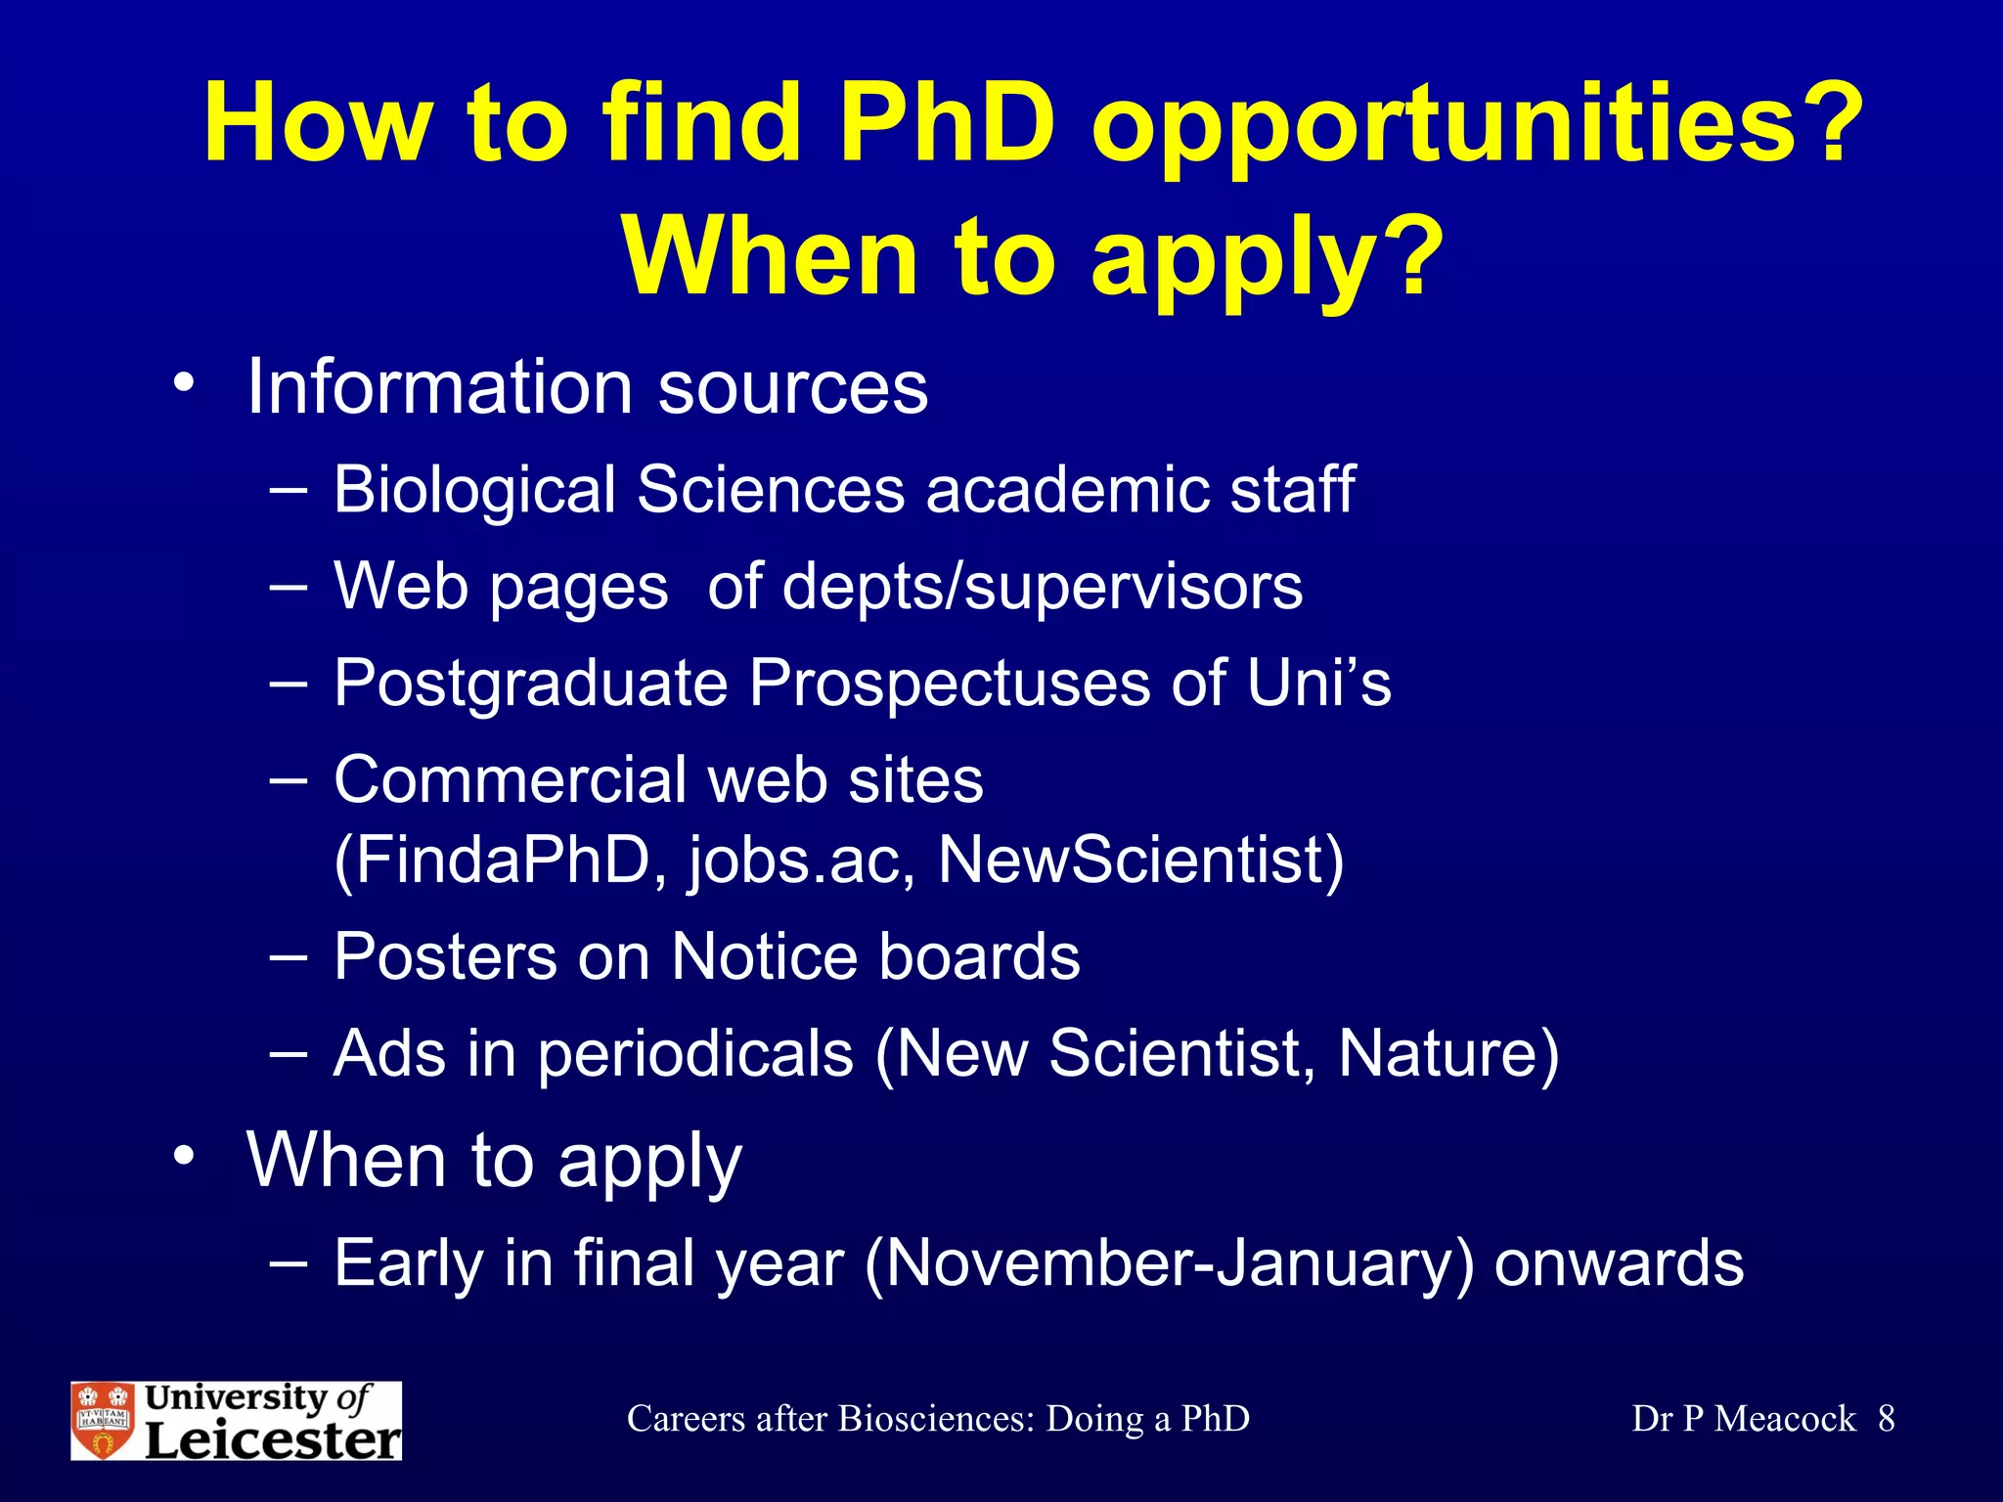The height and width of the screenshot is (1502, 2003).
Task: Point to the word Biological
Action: point(473,489)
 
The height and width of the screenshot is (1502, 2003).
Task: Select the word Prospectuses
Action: point(949,683)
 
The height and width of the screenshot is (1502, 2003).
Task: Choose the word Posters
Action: point(445,956)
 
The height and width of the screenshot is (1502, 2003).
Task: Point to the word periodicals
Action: point(694,1054)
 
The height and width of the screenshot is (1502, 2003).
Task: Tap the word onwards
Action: point(1619,1262)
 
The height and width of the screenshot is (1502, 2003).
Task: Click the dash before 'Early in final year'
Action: point(288,1262)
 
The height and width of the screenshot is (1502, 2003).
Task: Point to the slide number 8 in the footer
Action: point(1887,1419)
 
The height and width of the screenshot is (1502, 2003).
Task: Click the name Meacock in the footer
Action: point(1785,1419)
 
